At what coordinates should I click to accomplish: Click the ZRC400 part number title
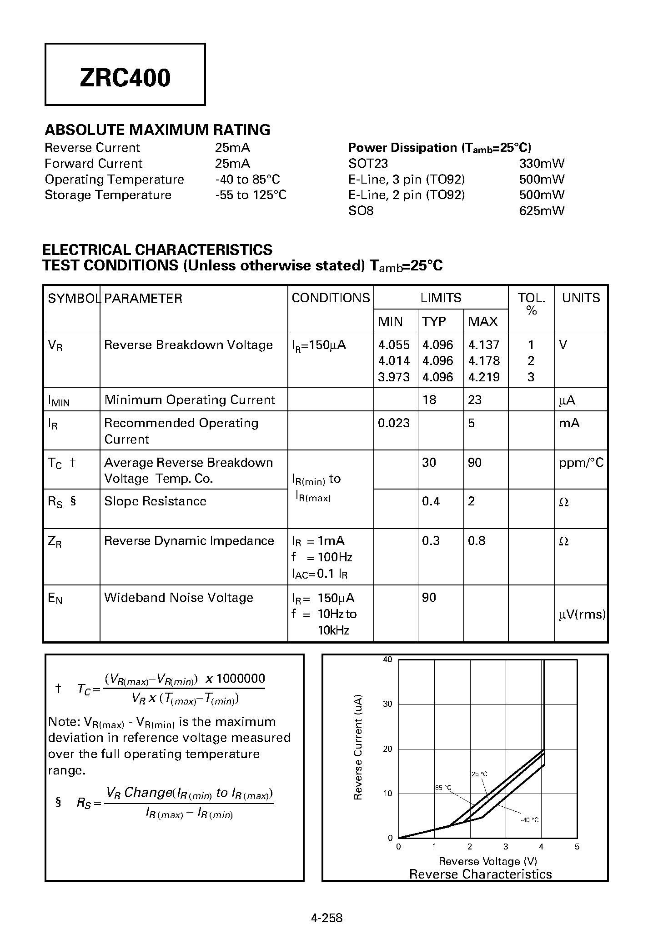pyautogui.click(x=125, y=78)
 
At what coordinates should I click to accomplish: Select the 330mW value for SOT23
pyautogui.click(x=541, y=163)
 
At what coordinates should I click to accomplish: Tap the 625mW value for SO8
pyautogui.click(x=541, y=210)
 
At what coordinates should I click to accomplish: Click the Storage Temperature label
pyautogui.click(x=108, y=195)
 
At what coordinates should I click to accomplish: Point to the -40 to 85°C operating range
pyautogui.click(x=247, y=179)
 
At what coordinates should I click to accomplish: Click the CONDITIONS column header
pyautogui.click(x=331, y=298)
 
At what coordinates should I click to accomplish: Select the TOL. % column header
pyautogui.click(x=531, y=304)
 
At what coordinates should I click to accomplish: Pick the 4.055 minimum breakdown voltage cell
pyautogui.click(x=394, y=345)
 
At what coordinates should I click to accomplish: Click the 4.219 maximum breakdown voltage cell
pyautogui.click(x=484, y=377)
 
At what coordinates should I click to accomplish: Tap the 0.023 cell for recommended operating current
pyautogui.click(x=394, y=423)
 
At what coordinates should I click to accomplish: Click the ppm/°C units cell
pyautogui.click(x=581, y=463)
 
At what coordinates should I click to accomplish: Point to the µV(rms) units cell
pyautogui.click(x=582, y=615)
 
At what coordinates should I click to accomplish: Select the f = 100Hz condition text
pyautogui.click(x=322, y=557)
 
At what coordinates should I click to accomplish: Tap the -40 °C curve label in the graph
pyautogui.click(x=529, y=820)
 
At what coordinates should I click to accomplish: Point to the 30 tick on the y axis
pyautogui.click(x=387, y=704)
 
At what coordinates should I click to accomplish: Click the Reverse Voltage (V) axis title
pyautogui.click(x=487, y=861)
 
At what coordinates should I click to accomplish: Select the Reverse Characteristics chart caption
pyautogui.click(x=480, y=874)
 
